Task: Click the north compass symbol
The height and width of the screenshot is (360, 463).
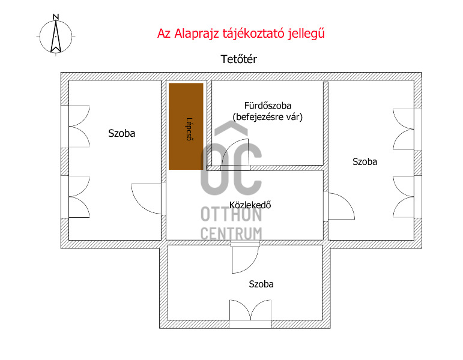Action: click(56, 37)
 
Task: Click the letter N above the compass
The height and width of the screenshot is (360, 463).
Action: click(55, 17)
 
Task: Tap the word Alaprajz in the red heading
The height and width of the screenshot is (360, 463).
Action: click(196, 34)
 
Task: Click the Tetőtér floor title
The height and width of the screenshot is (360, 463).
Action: click(239, 59)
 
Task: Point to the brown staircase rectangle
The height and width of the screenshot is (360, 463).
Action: click(186, 126)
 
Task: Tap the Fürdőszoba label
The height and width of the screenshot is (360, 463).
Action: click(267, 106)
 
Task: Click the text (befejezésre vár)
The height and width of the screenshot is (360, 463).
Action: click(268, 117)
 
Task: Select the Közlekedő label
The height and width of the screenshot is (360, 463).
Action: click(250, 205)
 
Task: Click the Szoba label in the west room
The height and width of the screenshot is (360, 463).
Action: click(122, 133)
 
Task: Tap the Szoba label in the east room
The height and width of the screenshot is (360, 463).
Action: click(365, 162)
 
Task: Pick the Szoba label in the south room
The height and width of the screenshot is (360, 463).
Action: click(261, 284)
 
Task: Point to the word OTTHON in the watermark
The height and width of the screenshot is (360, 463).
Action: click(231, 214)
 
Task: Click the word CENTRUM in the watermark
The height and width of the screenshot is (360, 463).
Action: click(231, 233)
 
